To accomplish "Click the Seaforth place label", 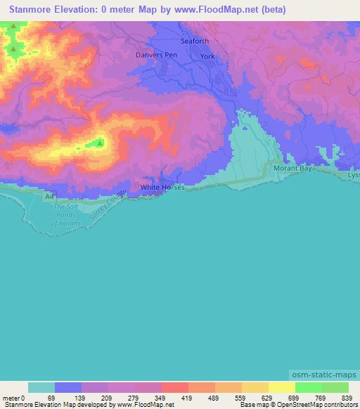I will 195,41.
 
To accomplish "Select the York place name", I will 207,56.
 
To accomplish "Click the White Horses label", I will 162,188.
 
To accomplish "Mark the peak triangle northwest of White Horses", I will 99,143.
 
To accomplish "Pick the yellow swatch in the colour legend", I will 282,387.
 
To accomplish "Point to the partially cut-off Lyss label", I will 353,174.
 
